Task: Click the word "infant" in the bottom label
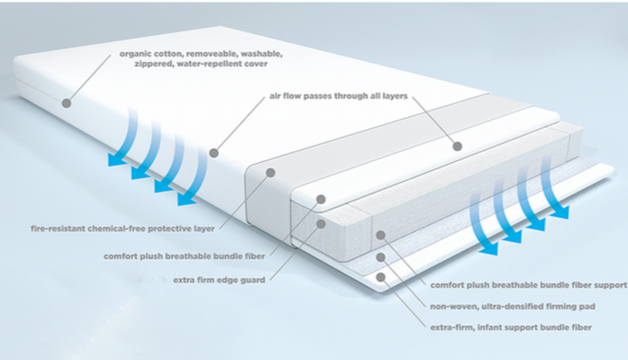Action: pyautogui.click(x=494, y=327)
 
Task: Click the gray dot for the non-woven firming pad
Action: pyautogui.click(x=380, y=257)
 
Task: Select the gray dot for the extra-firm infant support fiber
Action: pyautogui.click(x=382, y=277)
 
